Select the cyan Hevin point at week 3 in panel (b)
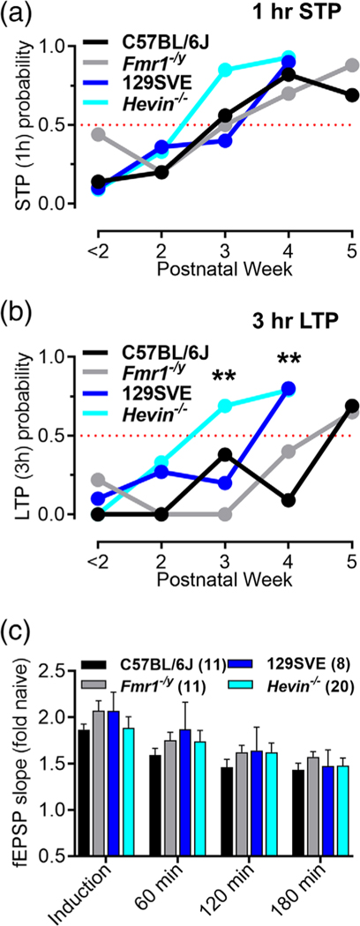point(226,406)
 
